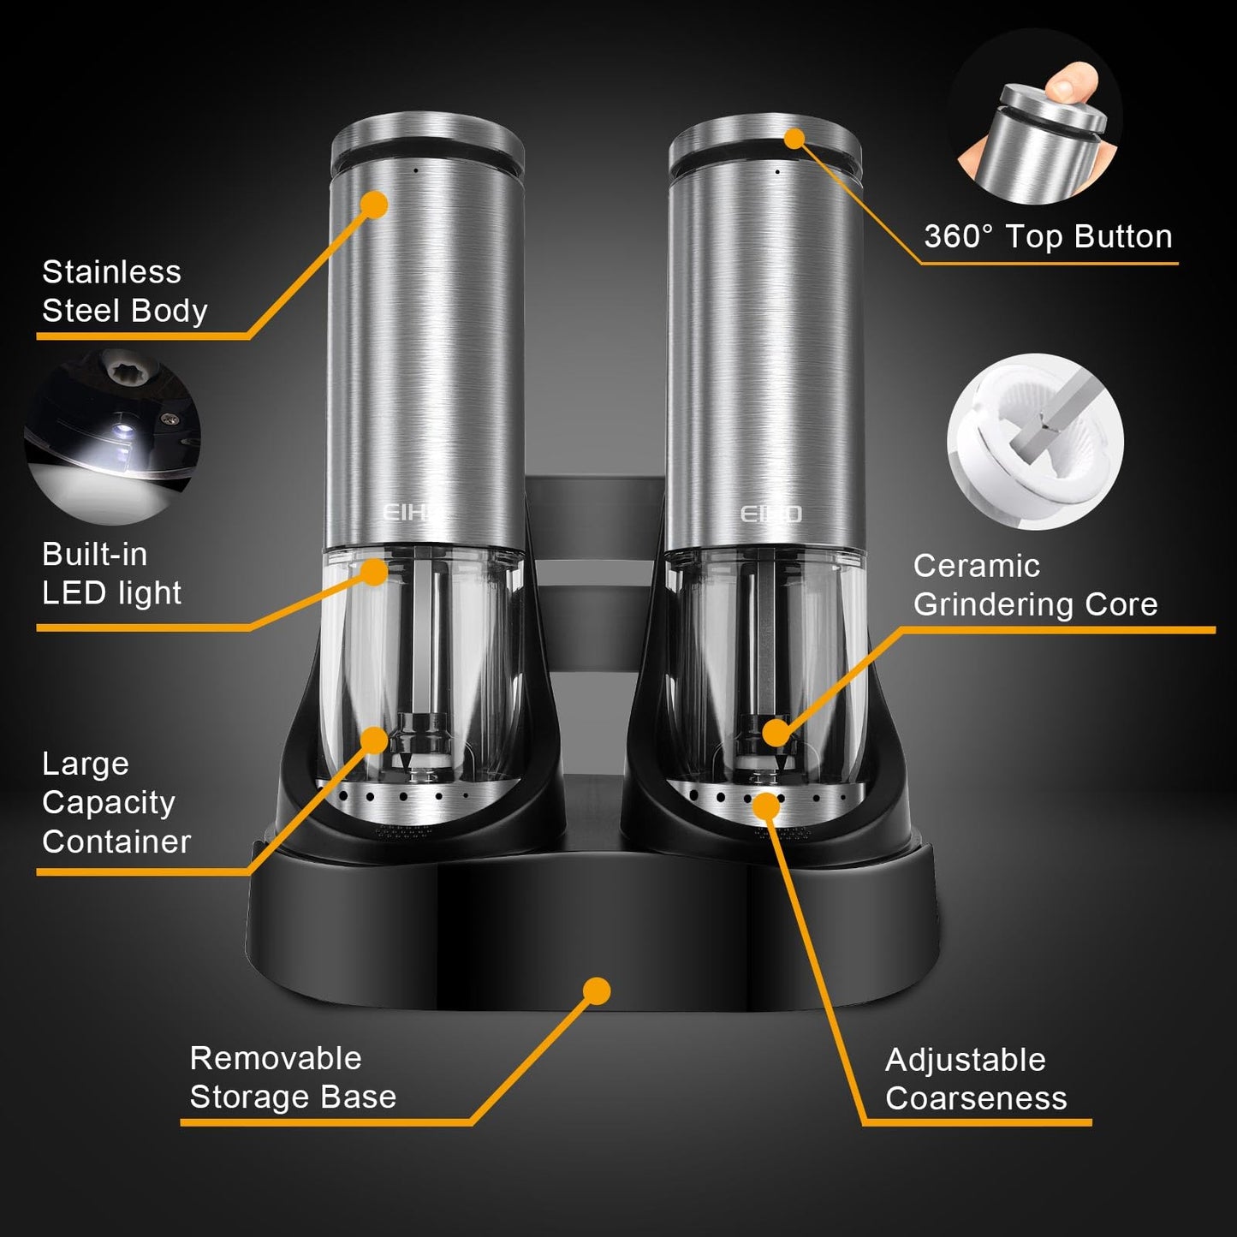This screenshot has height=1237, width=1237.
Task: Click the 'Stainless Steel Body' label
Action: point(124,291)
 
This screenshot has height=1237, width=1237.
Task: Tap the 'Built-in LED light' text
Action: point(111,574)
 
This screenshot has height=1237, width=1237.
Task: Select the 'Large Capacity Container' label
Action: point(116,802)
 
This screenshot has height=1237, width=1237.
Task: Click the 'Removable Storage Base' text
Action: point(293,1078)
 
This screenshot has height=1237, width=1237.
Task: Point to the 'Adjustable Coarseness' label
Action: point(976,1079)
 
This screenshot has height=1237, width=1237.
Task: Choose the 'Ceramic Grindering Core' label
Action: point(1035,586)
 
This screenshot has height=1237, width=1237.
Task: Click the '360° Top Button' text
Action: point(1048,236)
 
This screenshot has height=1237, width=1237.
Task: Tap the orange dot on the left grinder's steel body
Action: point(374,205)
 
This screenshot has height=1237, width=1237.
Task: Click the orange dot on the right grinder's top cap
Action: point(794,138)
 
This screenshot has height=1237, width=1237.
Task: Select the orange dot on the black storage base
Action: point(597,990)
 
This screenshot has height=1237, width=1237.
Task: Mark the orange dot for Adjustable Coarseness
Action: point(767,806)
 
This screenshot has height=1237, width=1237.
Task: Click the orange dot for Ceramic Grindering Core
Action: point(776,733)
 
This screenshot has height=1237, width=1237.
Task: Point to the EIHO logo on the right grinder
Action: point(770,514)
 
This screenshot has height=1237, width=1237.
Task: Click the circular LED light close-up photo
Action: point(112,437)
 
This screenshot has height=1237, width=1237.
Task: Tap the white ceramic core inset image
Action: point(1035,442)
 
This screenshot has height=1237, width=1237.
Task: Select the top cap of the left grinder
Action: point(425,141)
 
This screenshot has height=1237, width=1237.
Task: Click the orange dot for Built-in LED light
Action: point(374,571)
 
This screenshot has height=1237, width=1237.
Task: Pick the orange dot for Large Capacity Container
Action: point(374,739)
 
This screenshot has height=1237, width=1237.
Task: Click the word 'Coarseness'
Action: point(976,1098)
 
